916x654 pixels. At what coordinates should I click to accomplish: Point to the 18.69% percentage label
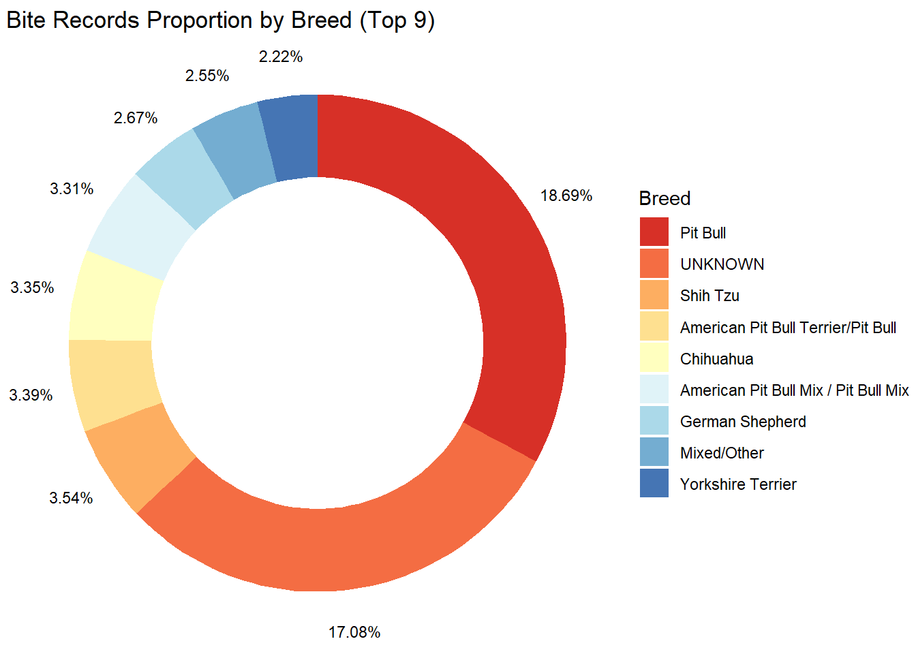566,196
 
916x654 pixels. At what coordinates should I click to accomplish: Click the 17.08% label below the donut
354,632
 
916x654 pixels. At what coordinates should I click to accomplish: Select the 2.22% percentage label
280,57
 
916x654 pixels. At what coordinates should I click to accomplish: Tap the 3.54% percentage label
71,498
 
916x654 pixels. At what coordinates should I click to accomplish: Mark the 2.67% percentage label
136,119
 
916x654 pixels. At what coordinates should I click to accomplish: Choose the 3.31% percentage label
72,189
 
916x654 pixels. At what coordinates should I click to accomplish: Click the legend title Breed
665,198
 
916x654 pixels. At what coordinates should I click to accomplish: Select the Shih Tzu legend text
709,296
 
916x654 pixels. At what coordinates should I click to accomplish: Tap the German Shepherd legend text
743,422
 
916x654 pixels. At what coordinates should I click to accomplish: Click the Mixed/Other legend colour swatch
654,452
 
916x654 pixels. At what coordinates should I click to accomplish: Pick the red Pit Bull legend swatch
654,232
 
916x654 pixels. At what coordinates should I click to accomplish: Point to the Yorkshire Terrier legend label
738,484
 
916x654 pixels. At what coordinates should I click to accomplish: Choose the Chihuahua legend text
716,359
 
